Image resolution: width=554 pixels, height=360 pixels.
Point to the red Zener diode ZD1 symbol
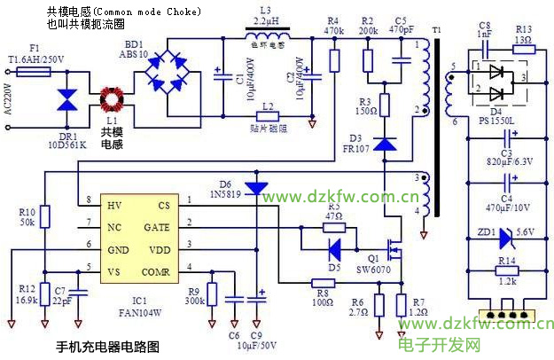505,237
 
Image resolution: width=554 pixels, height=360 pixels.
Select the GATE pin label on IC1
156,227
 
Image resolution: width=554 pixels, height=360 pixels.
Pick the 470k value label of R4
334,30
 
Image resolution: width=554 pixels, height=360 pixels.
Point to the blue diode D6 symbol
256,188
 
